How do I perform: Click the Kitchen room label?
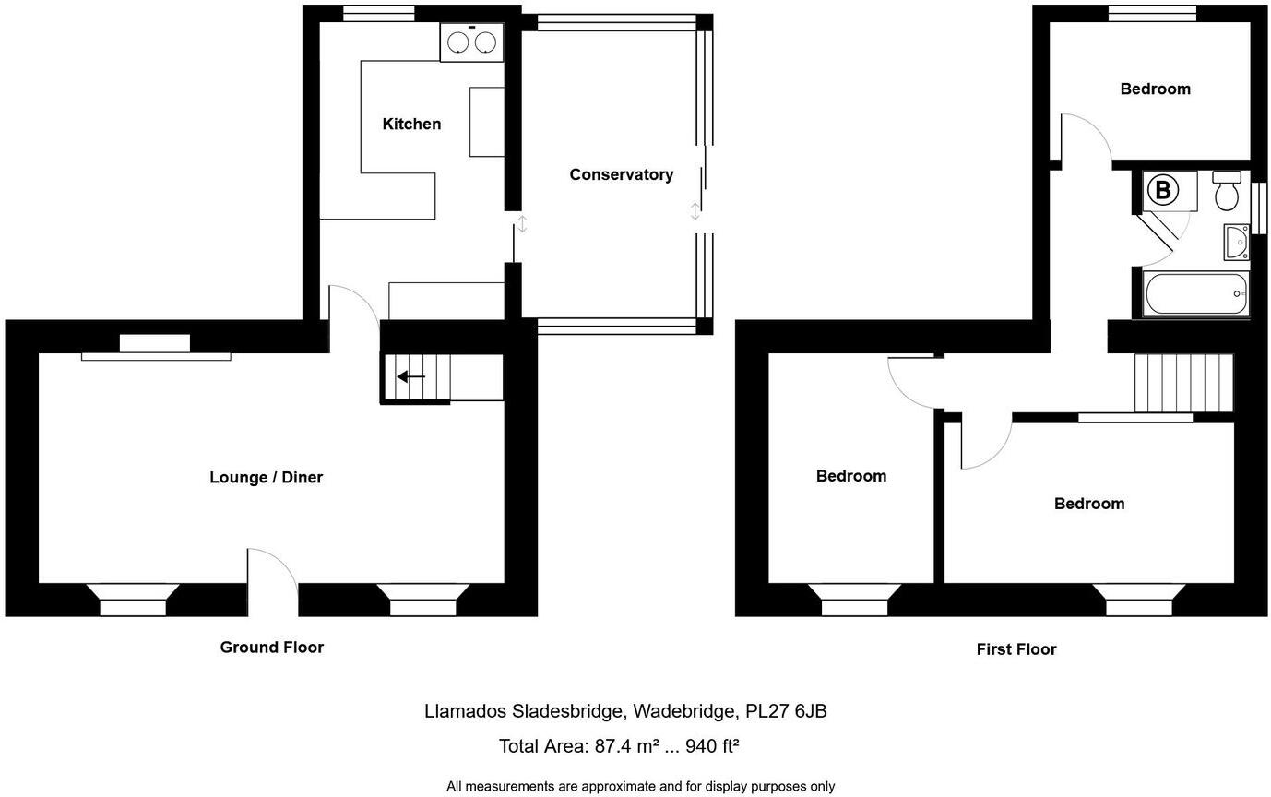tap(411, 124)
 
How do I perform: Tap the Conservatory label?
tap(621, 174)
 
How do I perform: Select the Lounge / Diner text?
tap(266, 477)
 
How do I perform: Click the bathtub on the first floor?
tap(1195, 293)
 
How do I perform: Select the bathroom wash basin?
tap(1235, 242)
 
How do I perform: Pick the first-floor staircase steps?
tap(1183, 383)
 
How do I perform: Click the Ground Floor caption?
tap(271, 648)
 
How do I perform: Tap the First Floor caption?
tap(1016, 649)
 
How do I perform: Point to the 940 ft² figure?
tap(712, 746)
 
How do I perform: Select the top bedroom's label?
tap(1155, 89)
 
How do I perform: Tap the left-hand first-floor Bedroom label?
tap(850, 476)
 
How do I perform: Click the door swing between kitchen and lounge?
tap(352, 304)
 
